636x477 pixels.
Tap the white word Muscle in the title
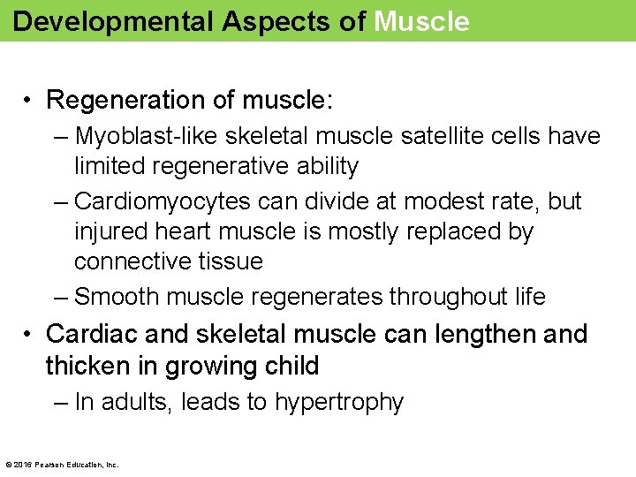pos(421,21)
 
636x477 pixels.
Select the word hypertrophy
pos(339,403)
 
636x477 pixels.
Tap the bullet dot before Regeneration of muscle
pos(29,101)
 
